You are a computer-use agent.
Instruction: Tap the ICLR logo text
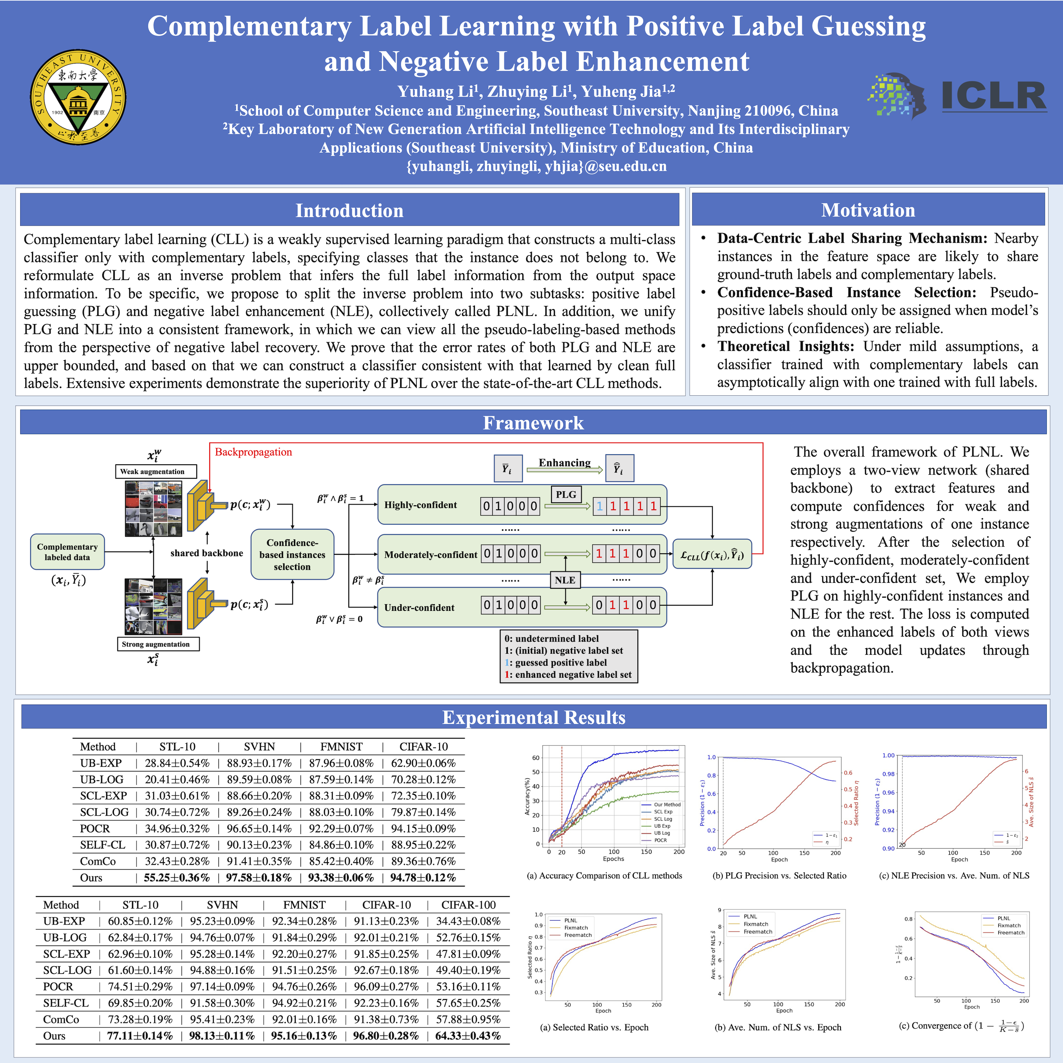(x=994, y=96)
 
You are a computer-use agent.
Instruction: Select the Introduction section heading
(x=350, y=210)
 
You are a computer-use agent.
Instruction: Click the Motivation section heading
(x=868, y=210)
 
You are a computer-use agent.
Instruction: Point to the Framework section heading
(x=533, y=423)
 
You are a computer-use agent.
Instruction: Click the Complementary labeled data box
(x=67, y=551)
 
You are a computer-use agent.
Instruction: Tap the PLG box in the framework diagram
(x=565, y=494)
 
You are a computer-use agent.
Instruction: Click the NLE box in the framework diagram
(x=565, y=580)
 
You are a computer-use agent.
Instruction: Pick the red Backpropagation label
(x=253, y=452)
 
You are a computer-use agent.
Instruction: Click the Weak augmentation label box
(x=156, y=472)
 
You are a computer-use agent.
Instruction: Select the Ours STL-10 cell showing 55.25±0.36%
(x=177, y=878)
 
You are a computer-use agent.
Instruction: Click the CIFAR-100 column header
(x=468, y=905)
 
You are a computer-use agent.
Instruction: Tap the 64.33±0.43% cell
(x=468, y=1036)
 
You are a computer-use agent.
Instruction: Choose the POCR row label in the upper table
(x=94, y=829)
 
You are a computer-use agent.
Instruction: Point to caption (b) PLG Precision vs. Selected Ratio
(x=779, y=875)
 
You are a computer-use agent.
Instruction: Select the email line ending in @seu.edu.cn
(x=536, y=166)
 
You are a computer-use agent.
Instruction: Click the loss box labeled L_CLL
(x=712, y=554)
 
